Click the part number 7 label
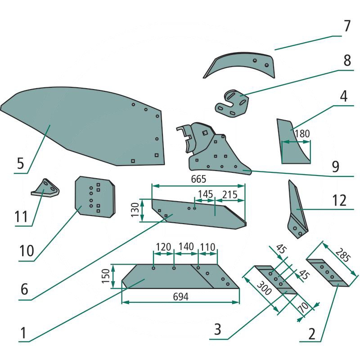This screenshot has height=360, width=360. pyautogui.click(x=346, y=26)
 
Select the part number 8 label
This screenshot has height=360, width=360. pyautogui.click(x=346, y=61)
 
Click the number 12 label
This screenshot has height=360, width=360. pyautogui.click(x=340, y=200)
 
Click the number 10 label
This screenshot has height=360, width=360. pyautogui.click(x=27, y=251)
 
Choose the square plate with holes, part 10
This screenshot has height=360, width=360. pyautogui.click(x=94, y=197)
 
